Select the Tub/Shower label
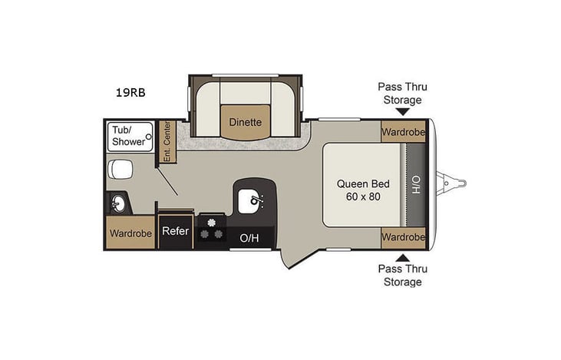pos(127,136)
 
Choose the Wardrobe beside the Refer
pos(130,232)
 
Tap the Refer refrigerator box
pos(175,231)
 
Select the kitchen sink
pos(253,202)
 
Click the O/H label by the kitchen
pos(249,238)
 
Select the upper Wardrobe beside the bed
pos(404,131)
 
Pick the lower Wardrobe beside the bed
pos(404,236)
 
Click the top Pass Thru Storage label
pos(403,94)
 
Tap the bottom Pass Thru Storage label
pos(403,275)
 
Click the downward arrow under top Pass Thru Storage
pos(403,111)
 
